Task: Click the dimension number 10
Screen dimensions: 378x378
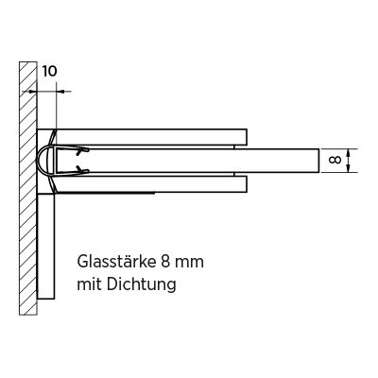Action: coord(50,72)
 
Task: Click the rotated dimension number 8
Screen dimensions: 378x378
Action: coord(335,160)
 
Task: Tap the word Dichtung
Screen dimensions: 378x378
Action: coord(141,284)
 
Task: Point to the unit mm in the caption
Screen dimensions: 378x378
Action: coord(190,263)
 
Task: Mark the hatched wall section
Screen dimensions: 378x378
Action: coord(28,188)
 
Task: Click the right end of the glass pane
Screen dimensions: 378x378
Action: coord(318,161)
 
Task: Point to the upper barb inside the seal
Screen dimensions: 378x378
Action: coord(82,151)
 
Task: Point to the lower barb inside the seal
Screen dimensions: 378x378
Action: coord(82,170)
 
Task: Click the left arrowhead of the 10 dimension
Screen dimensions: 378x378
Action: coord(33,92)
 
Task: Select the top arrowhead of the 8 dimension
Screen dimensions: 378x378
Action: coord(348,153)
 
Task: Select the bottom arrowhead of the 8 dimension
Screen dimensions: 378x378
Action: coord(348,168)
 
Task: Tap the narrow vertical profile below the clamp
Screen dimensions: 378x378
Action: coord(46,246)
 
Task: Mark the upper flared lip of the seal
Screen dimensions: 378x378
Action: coord(53,137)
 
